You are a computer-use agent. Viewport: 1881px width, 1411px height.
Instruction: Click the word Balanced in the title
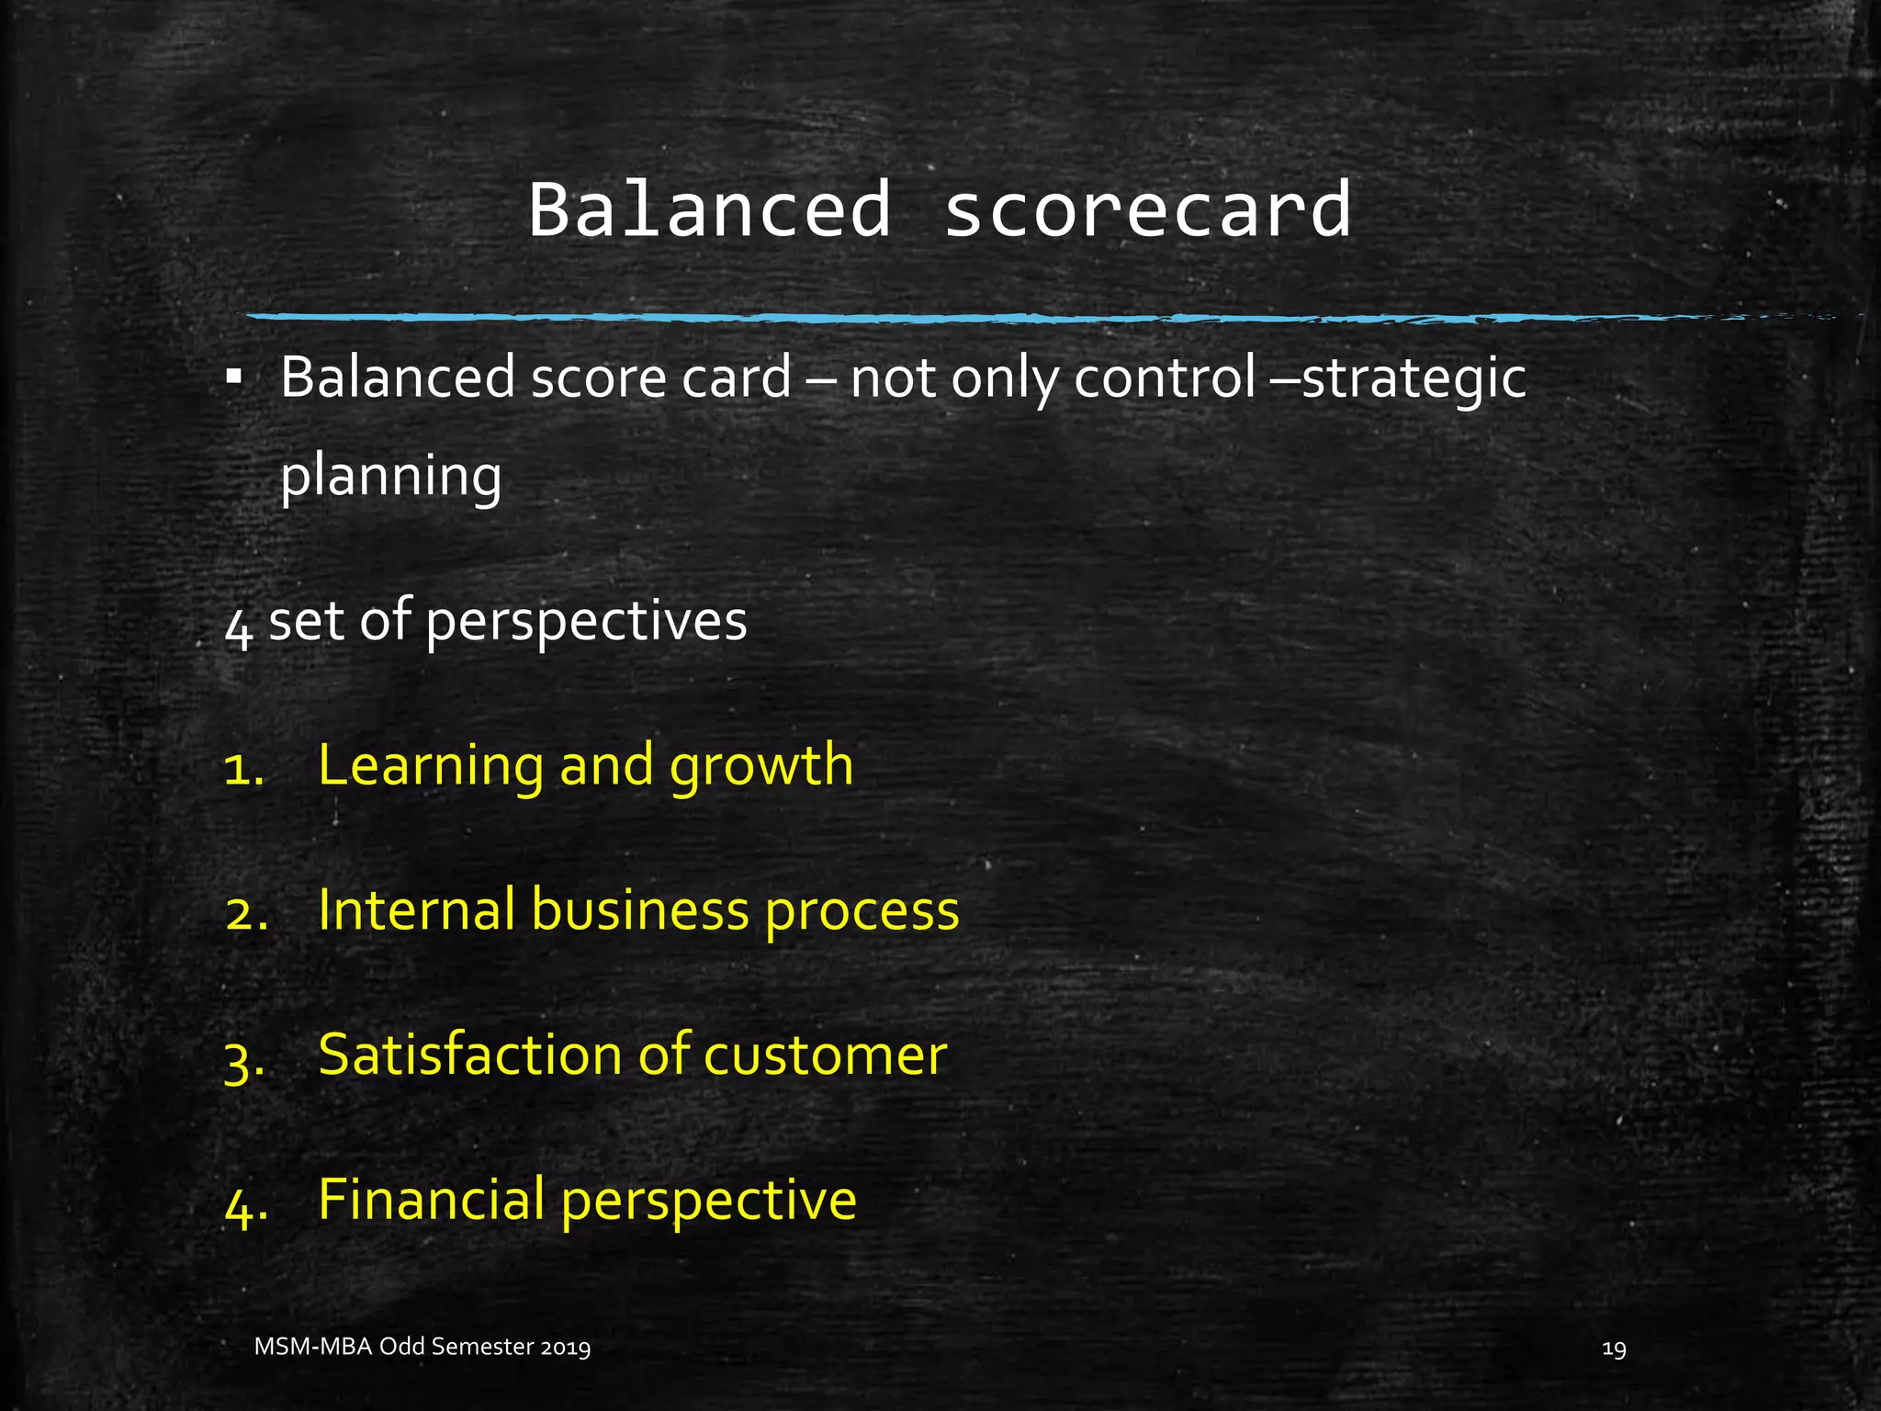tap(709, 209)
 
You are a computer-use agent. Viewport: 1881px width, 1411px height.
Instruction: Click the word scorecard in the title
tap(1148, 209)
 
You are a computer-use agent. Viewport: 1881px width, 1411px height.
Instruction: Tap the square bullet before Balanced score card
tap(234, 377)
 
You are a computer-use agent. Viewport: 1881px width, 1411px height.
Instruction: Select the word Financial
tap(431, 1199)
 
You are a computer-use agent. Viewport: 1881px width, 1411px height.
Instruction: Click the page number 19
tap(1614, 1349)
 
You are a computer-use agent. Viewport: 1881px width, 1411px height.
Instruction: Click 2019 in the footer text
tap(566, 1348)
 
